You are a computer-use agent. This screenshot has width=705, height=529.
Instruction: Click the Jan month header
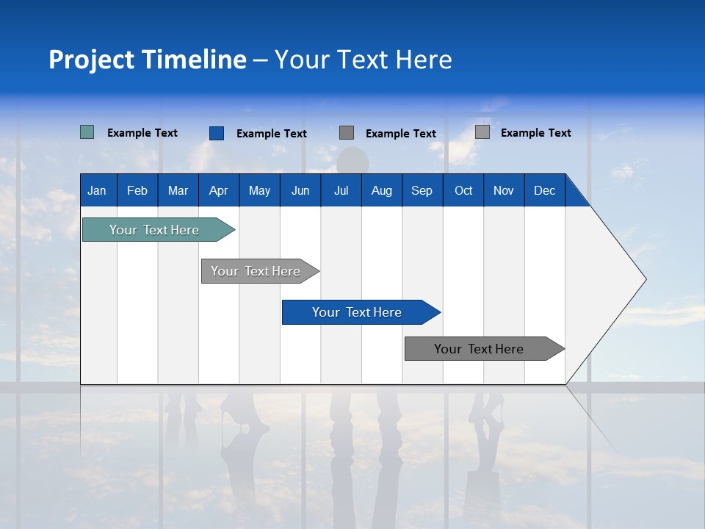(x=97, y=190)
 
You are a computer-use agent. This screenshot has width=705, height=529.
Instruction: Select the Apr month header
(x=218, y=190)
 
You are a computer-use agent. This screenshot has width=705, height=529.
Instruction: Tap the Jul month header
(x=341, y=190)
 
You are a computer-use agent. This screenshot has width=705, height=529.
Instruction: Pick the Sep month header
(x=422, y=190)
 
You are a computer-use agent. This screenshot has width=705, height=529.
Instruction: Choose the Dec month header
(x=544, y=190)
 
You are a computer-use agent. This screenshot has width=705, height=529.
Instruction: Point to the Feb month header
(x=137, y=190)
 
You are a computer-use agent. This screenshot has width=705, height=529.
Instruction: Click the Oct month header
(x=463, y=190)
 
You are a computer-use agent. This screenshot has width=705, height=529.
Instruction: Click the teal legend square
(x=87, y=132)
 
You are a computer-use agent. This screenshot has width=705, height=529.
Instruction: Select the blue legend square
(x=217, y=133)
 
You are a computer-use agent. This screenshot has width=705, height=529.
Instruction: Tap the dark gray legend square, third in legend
(x=347, y=133)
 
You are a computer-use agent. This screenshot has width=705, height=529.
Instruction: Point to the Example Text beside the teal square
(x=142, y=133)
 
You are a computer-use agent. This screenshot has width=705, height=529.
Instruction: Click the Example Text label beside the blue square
(x=272, y=134)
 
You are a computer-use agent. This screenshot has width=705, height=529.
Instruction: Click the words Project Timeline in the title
(x=148, y=60)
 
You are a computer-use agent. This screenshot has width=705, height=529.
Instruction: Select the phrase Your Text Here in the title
(x=364, y=60)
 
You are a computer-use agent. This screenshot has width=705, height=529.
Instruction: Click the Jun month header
(x=300, y=190)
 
